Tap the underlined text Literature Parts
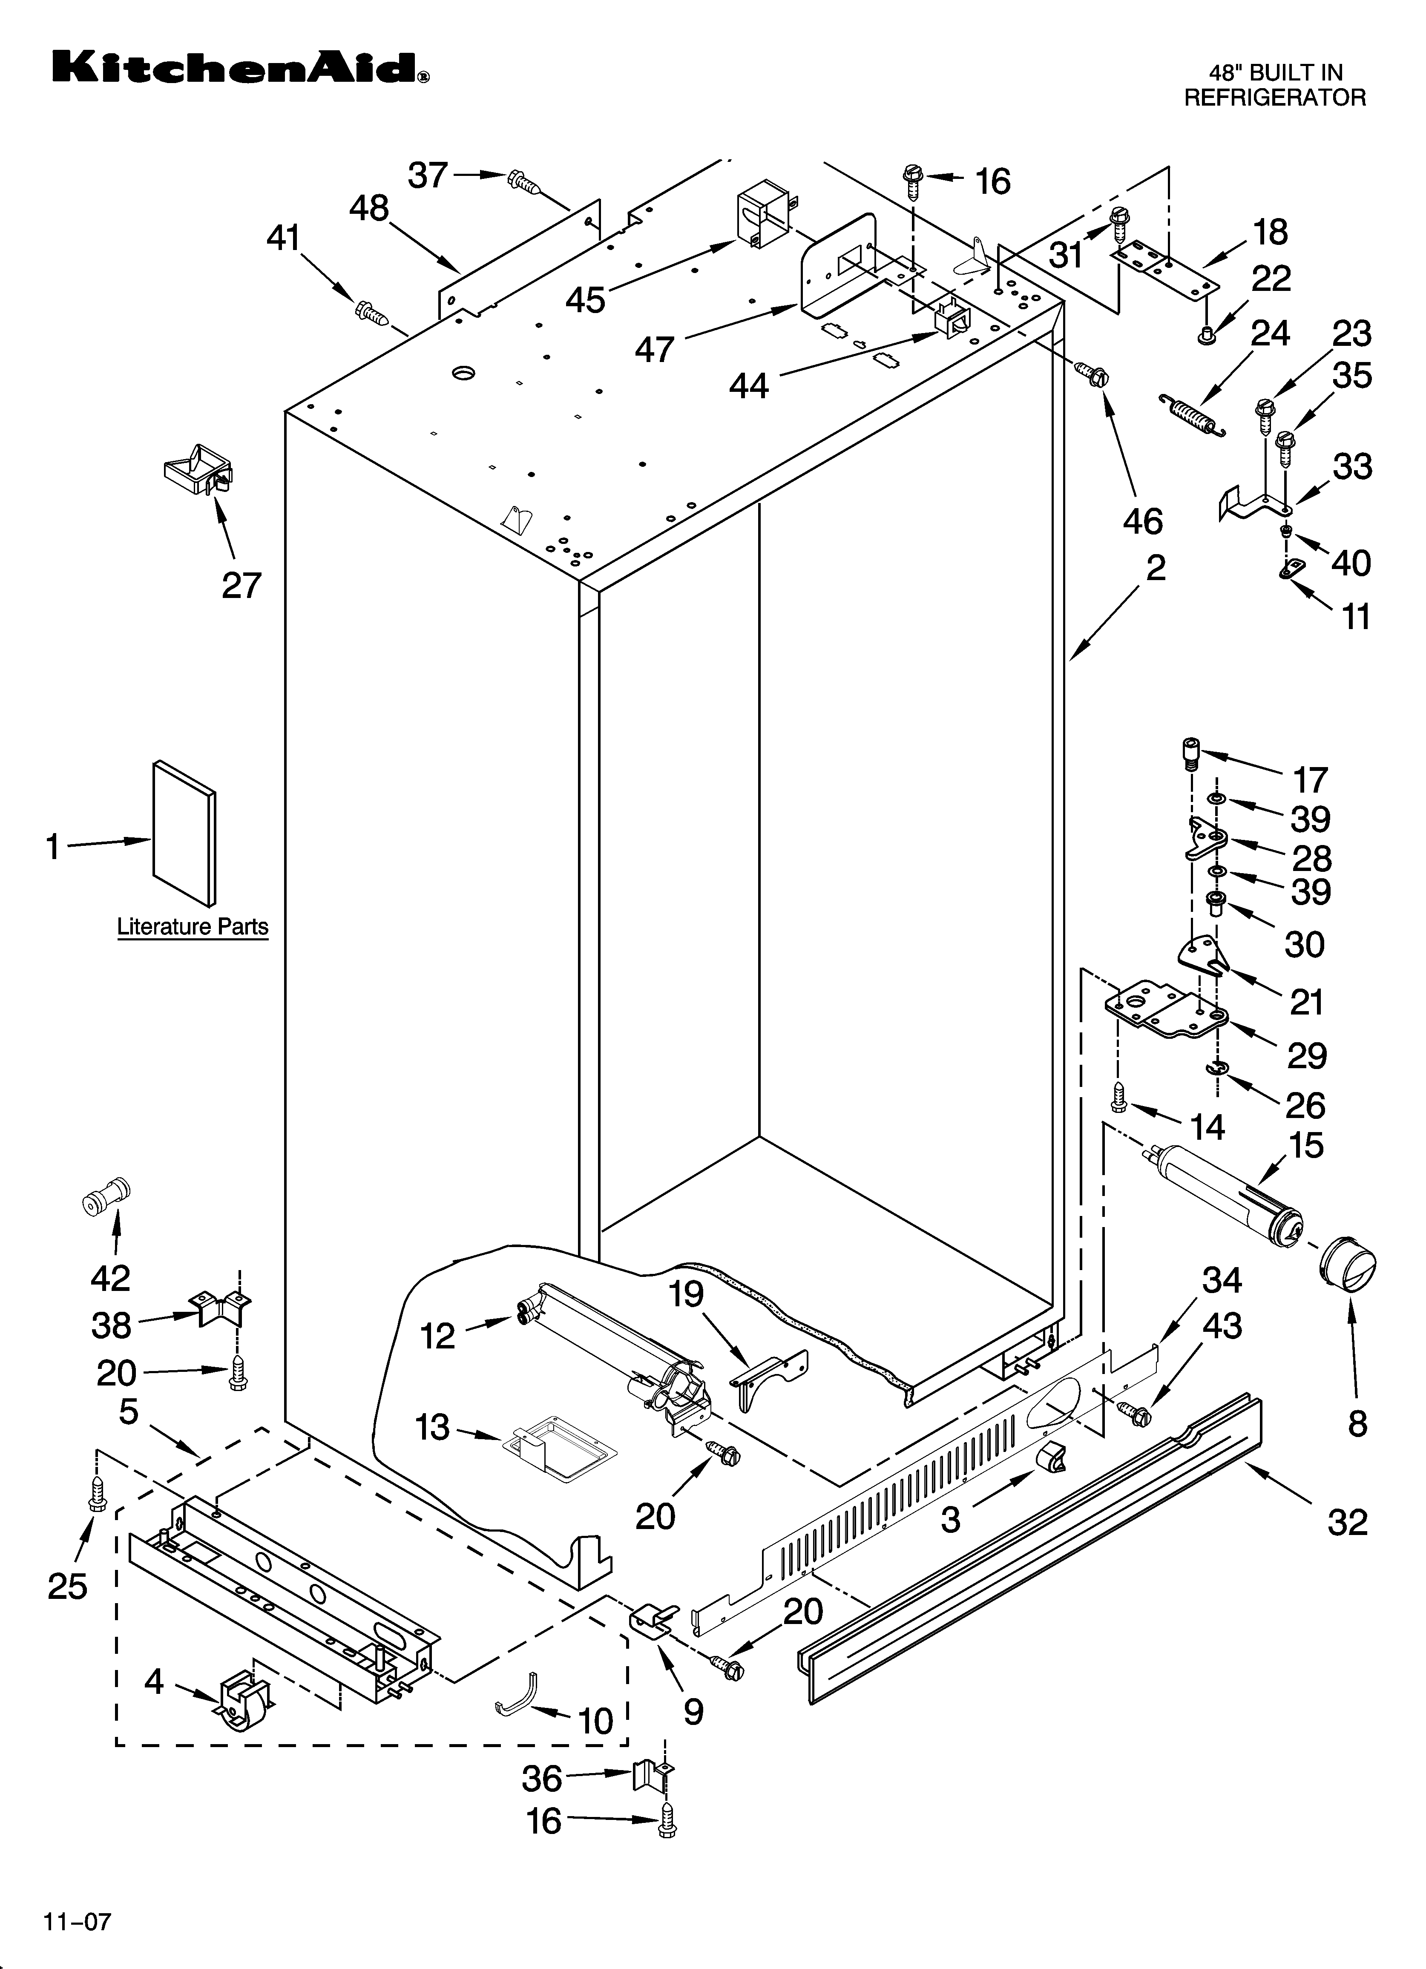click(x=193, y=927)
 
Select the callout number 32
click(x=1347, y=1522)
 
